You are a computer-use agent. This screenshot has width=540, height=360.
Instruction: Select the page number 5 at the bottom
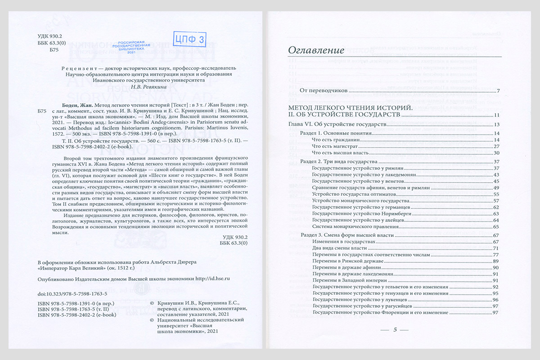click(x=395, y=330)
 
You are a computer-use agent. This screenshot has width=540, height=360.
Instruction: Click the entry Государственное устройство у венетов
click(x=358, y=180)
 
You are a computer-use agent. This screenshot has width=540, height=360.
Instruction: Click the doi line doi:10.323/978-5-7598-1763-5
click(x=72, y=293)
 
